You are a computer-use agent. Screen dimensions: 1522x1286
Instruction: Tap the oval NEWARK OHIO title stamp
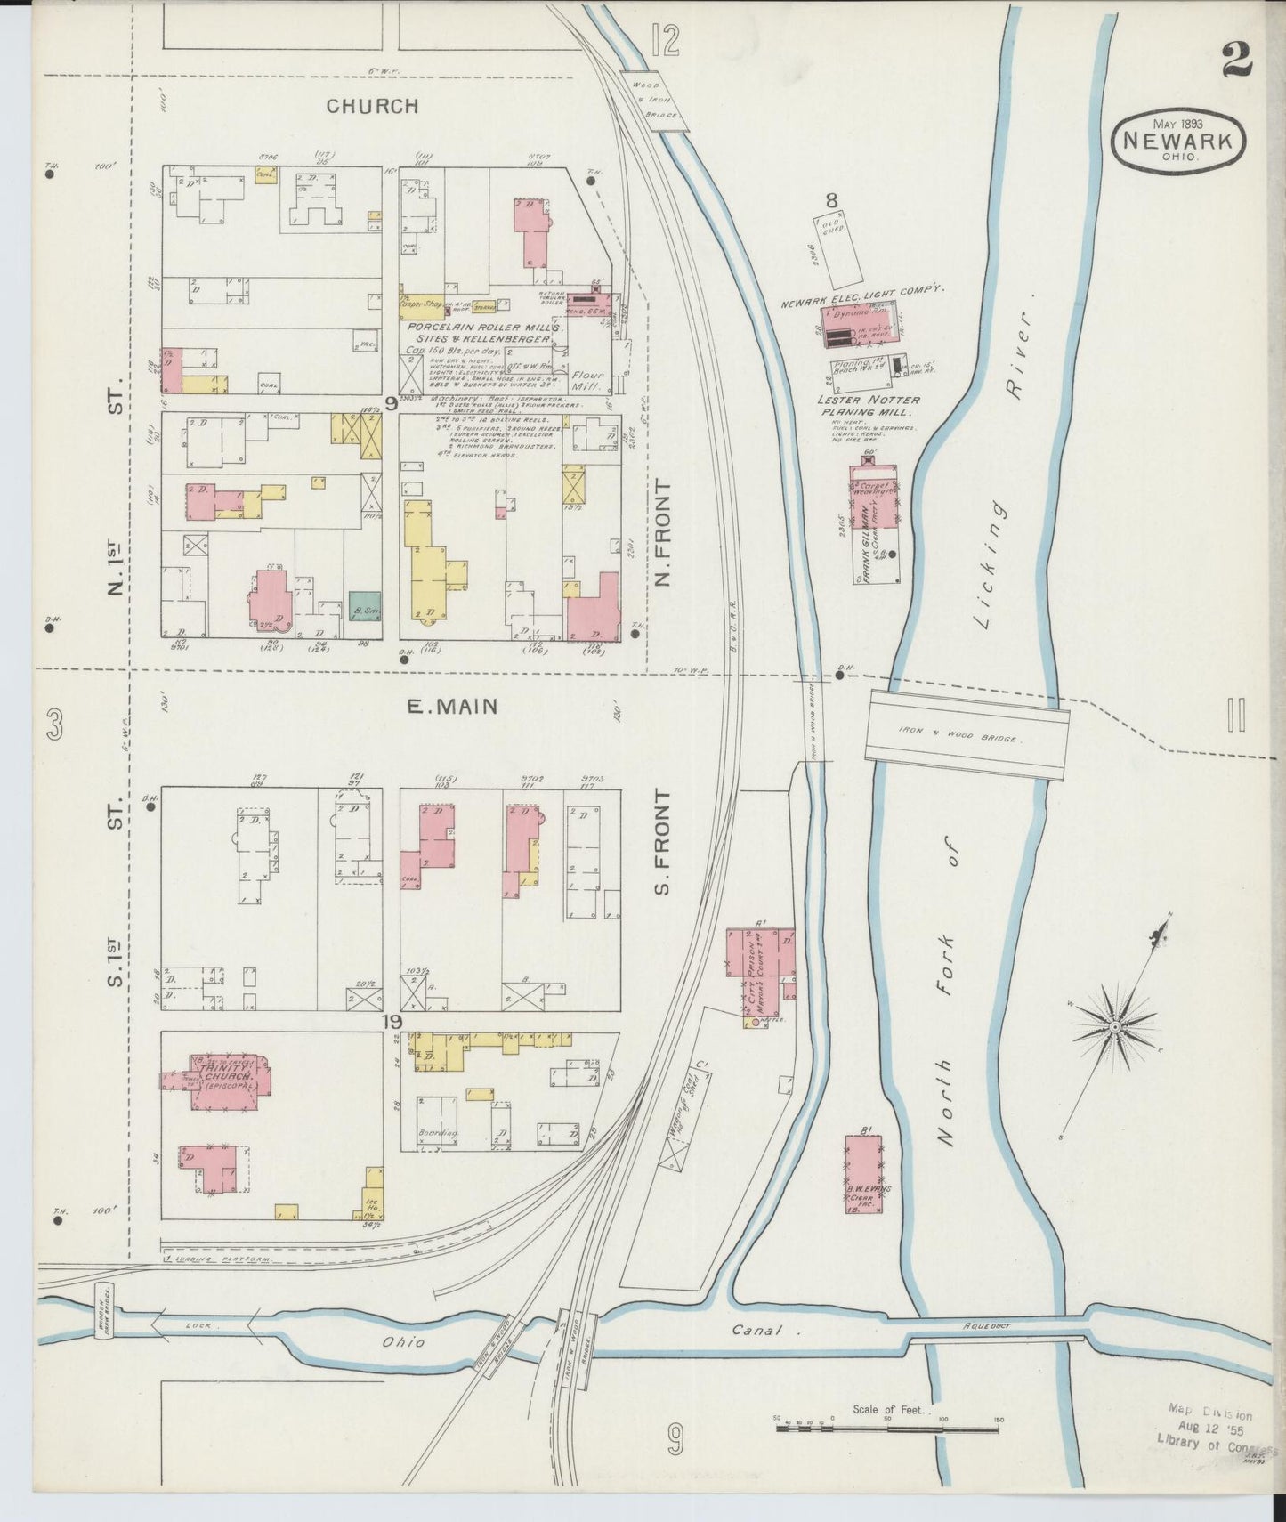tap(1178, 141)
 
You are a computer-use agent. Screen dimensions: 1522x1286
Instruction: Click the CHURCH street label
tap(372, 106)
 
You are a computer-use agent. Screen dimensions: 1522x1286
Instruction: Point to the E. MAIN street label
tap(452, 707)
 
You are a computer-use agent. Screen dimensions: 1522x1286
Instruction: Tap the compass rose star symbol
tap(1113, 1029)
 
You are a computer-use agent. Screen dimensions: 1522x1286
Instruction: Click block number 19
tap(392, 1022)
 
